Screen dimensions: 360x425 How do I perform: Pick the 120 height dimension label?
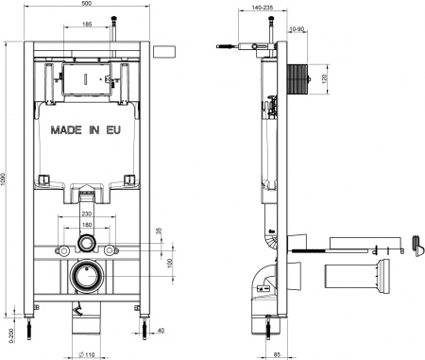326,77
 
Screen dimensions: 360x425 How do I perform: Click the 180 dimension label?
86,226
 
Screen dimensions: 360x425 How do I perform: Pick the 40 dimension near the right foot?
161,331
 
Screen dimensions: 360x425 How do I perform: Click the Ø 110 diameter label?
86,353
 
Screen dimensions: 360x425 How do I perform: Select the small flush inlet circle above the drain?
86,245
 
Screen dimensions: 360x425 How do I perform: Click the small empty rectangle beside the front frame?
169,51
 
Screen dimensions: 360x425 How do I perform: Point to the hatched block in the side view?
296,77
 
